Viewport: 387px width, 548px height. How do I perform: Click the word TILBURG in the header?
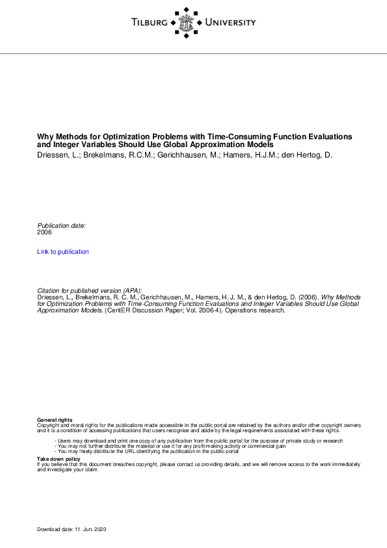[149, 23]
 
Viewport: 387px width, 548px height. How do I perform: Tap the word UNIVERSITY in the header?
[230, 23]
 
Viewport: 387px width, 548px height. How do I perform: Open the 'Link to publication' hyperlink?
[63, 252]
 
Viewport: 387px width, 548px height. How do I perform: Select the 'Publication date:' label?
[61, 225]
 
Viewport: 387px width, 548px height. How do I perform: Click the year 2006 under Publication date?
[44, 232]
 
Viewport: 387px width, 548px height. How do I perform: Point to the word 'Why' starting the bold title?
[44, 137]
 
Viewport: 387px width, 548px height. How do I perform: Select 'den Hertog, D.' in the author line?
[306, 156]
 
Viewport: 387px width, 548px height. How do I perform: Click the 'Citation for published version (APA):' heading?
[90, 290]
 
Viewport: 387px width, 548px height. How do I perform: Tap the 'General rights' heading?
[55, 420]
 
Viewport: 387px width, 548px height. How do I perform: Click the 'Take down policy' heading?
[59, 459]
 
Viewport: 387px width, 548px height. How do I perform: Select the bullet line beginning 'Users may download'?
[198, 441]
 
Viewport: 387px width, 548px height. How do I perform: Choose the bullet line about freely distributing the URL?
[147, 450]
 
